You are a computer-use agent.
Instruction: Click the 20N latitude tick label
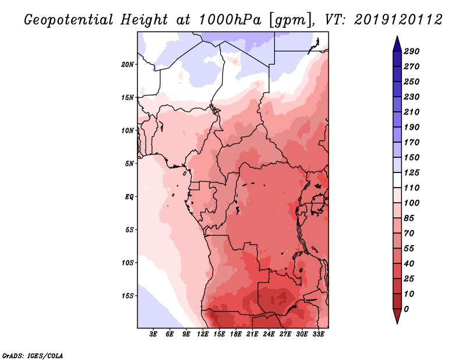click(128, 64)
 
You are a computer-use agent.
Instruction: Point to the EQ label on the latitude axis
click(129, 196)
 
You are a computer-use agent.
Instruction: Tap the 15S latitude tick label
click(128, 295)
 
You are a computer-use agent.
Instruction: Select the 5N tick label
click(129, 164)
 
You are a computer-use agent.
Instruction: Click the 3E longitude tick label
click(154, 335)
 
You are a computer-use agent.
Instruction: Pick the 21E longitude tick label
click(253, 335)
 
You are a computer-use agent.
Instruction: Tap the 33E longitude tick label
click(319, 335)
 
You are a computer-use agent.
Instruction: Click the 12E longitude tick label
click(203, 335)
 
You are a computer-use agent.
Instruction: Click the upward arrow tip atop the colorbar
click(396, 37)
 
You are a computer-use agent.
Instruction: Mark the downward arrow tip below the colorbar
click(396, 323)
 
